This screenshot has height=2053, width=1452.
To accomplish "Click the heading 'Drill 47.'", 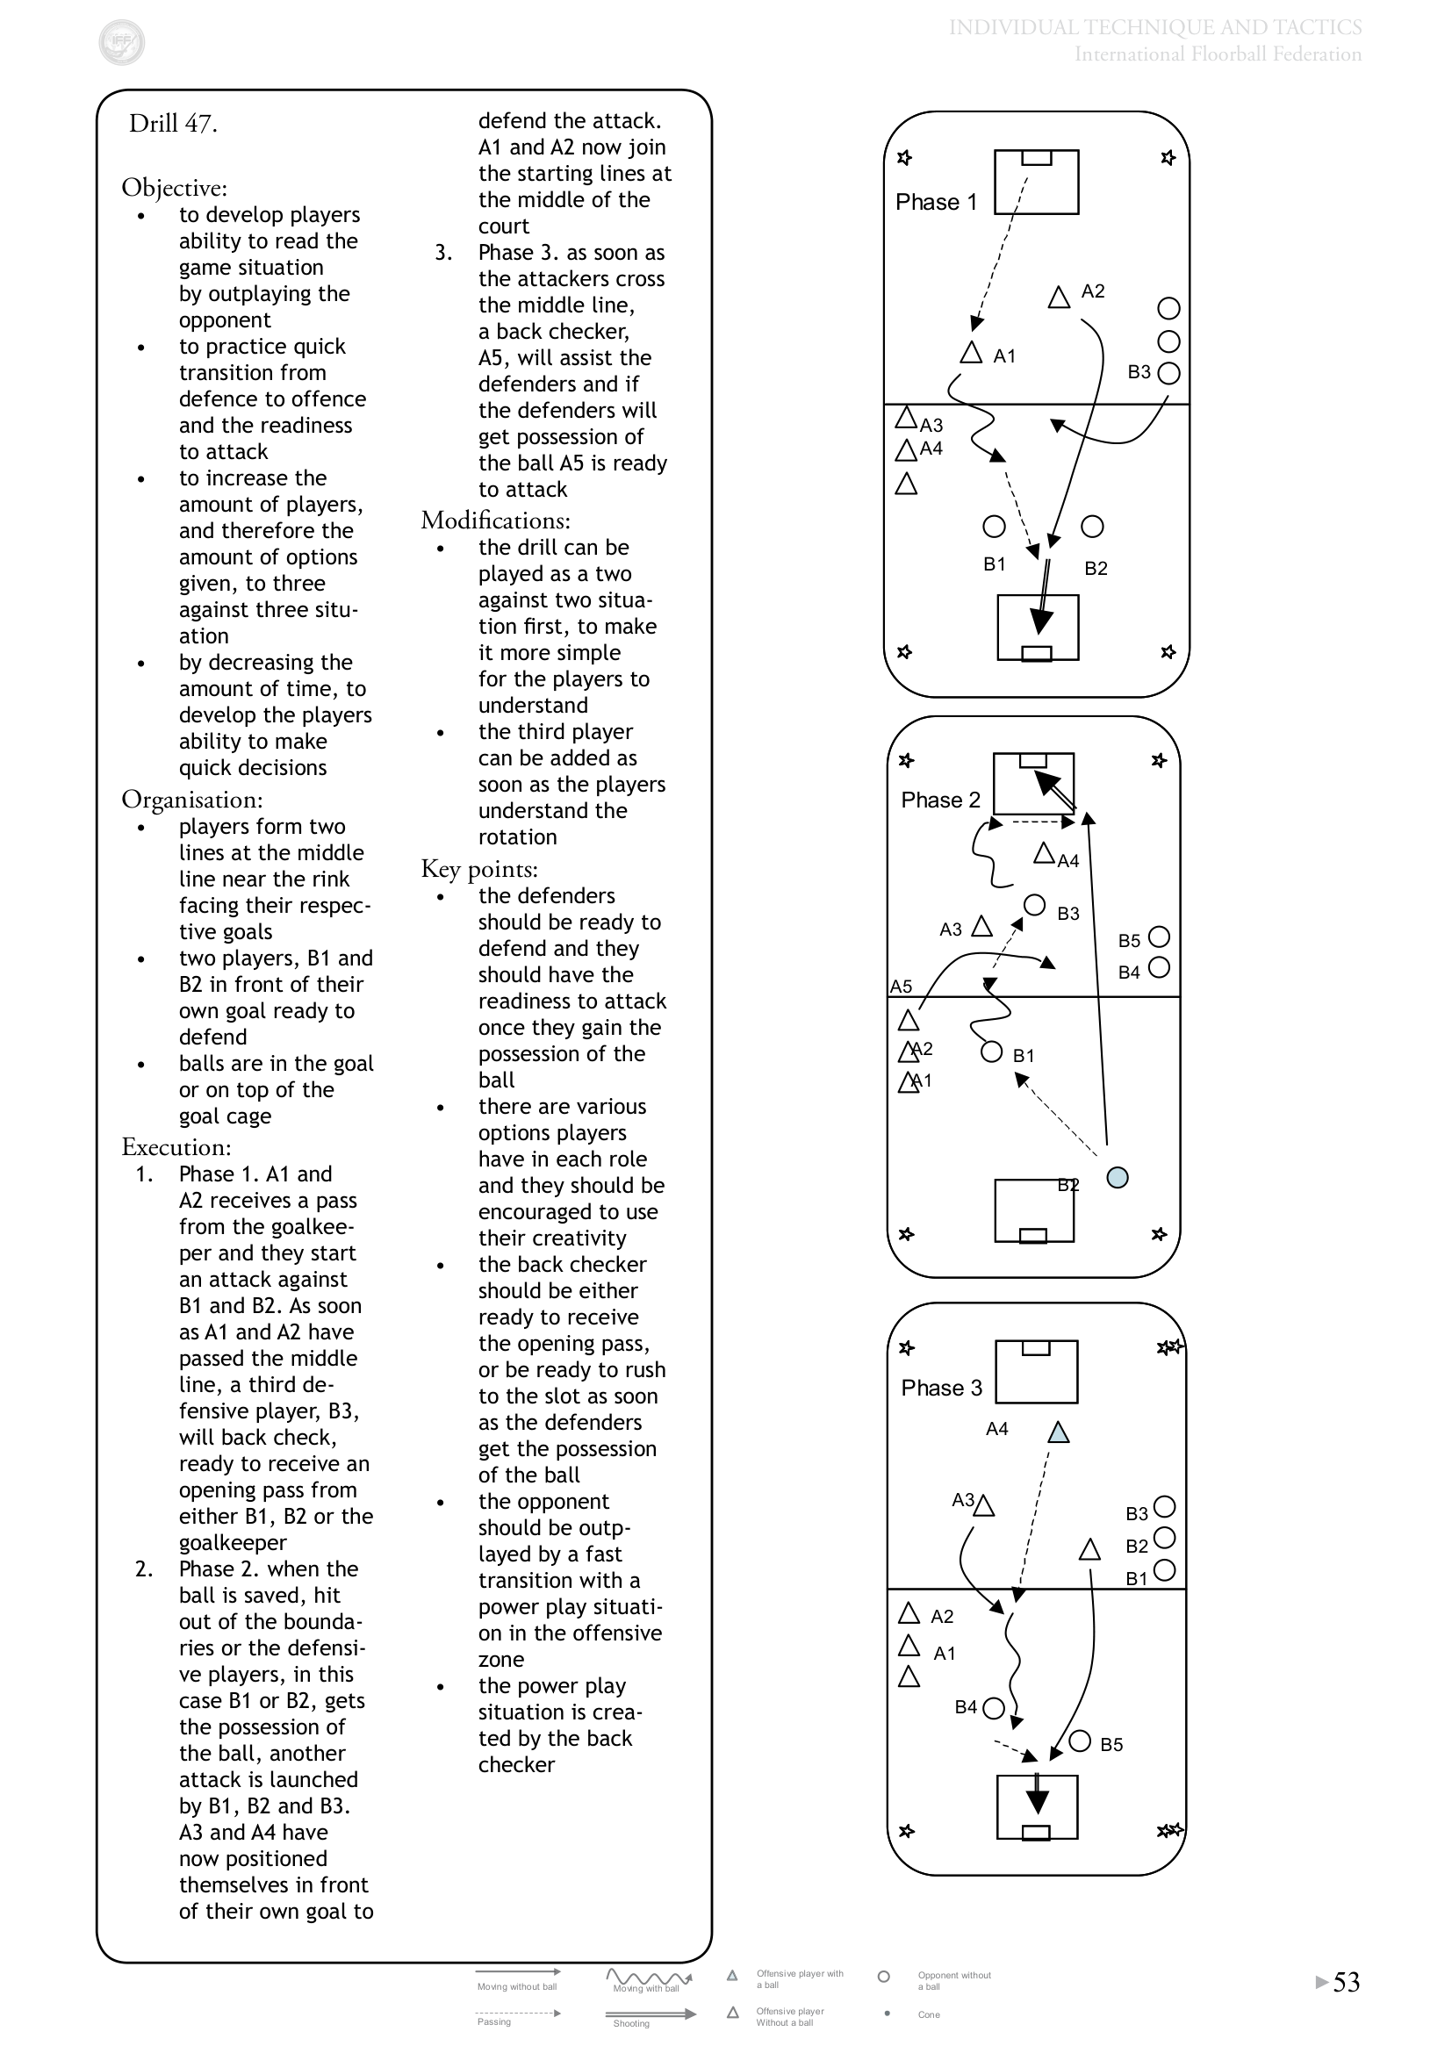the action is tap(174, 124).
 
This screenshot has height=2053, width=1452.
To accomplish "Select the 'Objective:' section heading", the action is tap(175, 188).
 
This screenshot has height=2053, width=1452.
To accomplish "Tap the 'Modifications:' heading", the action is tap(495, 520).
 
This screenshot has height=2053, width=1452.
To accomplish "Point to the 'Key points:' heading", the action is tap(479, 869).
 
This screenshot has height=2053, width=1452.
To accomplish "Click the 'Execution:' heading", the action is tap(176, 1147).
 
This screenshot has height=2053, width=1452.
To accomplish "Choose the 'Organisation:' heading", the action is tap(192, 800).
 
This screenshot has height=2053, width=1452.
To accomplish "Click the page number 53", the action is tap(1347, 1983).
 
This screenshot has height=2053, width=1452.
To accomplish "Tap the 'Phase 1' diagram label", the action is tap(936, 202).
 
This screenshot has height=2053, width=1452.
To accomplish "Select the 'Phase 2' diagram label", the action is tap(940, 800).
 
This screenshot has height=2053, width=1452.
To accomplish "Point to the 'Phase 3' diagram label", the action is tap(941, 1388).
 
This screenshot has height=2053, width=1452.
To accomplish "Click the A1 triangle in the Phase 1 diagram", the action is tap(971, 352).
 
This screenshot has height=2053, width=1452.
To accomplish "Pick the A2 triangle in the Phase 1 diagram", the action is tap(1060, 297).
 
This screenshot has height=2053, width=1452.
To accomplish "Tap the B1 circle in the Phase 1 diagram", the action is tap(995, 527).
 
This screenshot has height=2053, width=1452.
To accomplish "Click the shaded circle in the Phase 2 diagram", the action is tap(1118, 1178).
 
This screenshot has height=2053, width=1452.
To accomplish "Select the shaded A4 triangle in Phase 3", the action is tap(1059, 1432).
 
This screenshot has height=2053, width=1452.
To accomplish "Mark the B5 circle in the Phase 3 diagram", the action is tap(1080, 1741).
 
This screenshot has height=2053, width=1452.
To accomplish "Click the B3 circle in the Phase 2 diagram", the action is tap(1034, 905).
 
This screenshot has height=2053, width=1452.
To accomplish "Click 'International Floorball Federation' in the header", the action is tap(1218, 54).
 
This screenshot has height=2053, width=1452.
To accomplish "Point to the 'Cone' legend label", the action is tap(929, 2014).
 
